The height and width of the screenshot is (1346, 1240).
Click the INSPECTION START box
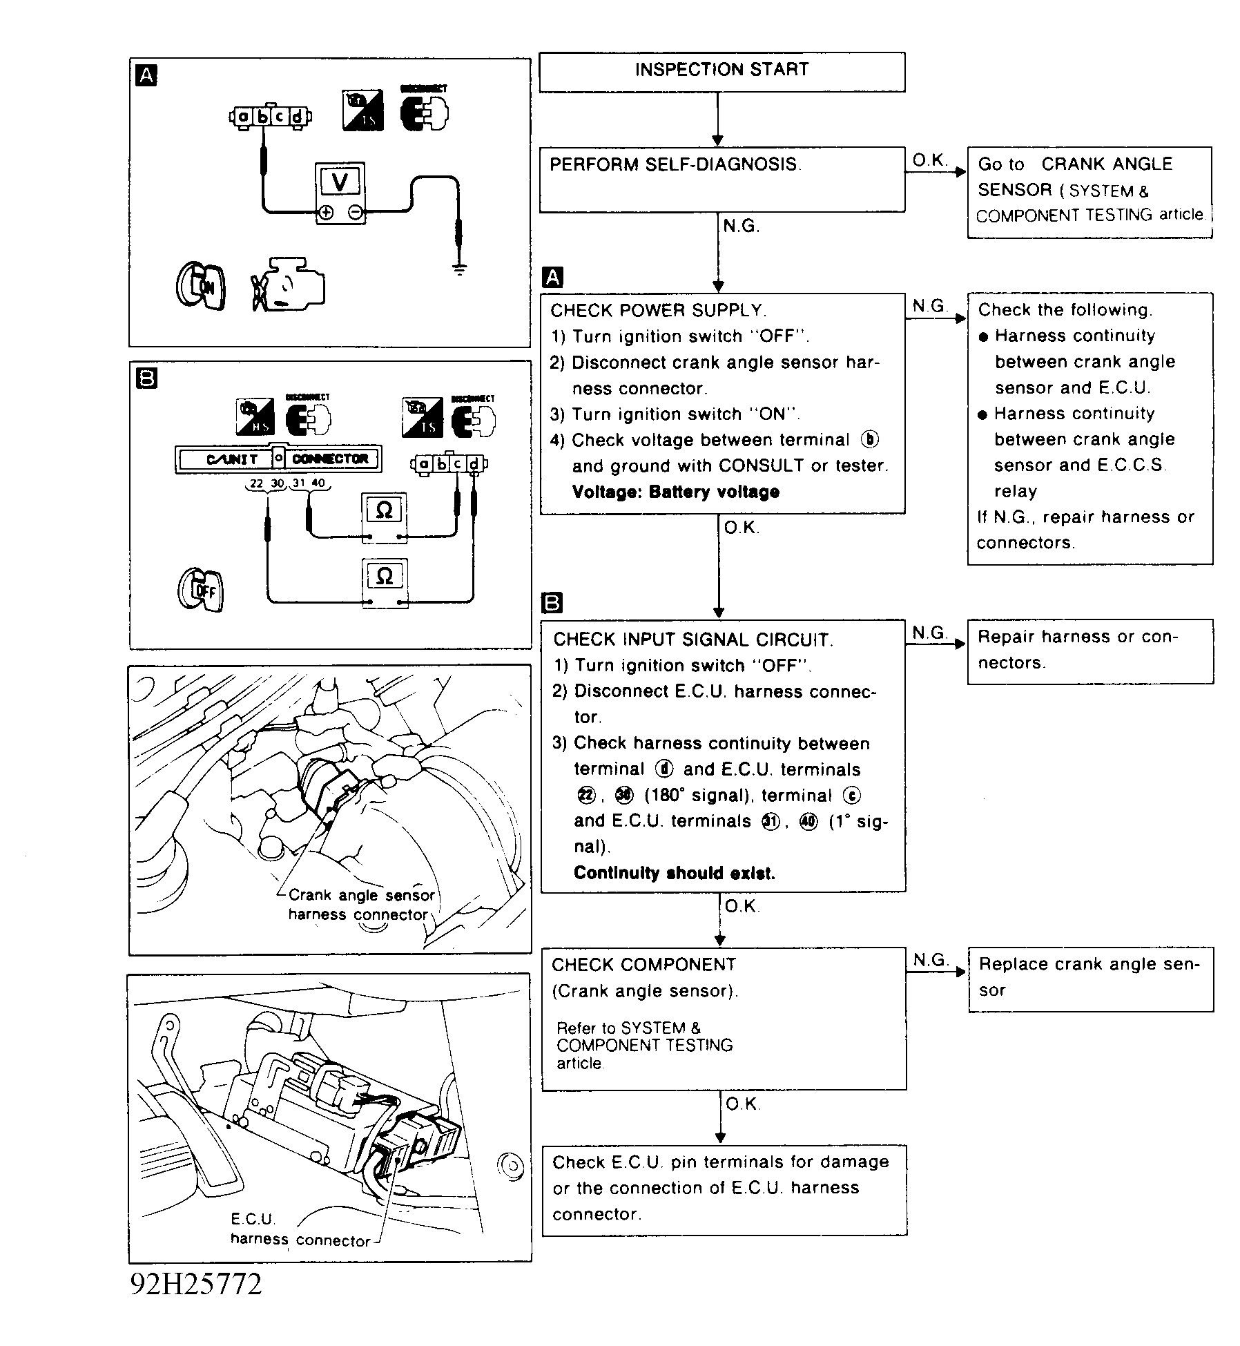tap(721, 70)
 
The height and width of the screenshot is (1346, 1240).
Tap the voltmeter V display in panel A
tap(340, 182)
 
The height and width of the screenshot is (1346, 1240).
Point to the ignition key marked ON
tap(201, 286)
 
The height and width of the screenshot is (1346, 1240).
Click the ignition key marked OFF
tap(201, 588)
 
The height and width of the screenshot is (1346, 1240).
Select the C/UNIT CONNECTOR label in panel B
tap(278, 459)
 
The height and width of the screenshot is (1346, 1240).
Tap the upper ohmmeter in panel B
tap(385, 511)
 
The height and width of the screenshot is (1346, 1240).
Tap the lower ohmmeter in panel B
tap(385, 577)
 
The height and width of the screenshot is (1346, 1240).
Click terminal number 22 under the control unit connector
tap(256, 483)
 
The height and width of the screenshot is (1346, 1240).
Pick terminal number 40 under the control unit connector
tap(318, 483)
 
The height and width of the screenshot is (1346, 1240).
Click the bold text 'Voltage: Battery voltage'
tap(675, 492)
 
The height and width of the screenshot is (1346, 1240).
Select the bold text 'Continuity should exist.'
tap(674, 873)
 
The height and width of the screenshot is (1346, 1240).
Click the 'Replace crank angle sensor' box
tap(1090, 978)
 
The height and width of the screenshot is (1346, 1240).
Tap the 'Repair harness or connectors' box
tap(1089, 651)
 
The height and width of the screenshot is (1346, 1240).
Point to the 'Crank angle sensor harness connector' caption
tap(361, 905)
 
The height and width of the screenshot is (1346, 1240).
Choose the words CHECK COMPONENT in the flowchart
tap(643, 965)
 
